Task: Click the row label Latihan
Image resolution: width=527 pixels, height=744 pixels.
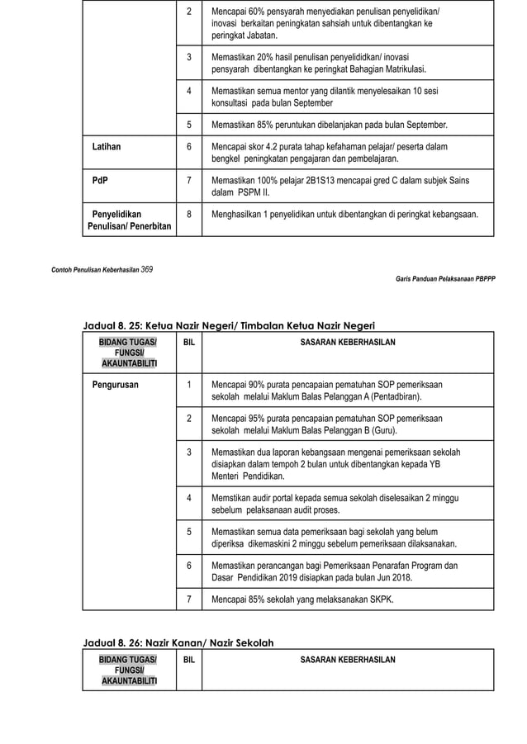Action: click(106, 147)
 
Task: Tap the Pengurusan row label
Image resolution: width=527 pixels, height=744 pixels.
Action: click(116, 385)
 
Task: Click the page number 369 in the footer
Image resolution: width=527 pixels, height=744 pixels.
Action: click(145, 269)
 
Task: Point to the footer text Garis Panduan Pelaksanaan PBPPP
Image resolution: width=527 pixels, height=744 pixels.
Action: click(445, 279)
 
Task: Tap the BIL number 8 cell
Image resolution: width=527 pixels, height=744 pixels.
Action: click(189, 214)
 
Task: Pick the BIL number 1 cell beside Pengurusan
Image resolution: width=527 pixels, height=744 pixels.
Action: click(189, 385)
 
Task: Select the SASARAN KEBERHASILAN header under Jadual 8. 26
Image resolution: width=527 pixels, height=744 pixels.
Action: click(348, 660)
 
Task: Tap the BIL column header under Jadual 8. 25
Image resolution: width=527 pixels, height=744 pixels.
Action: click(189, 342)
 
